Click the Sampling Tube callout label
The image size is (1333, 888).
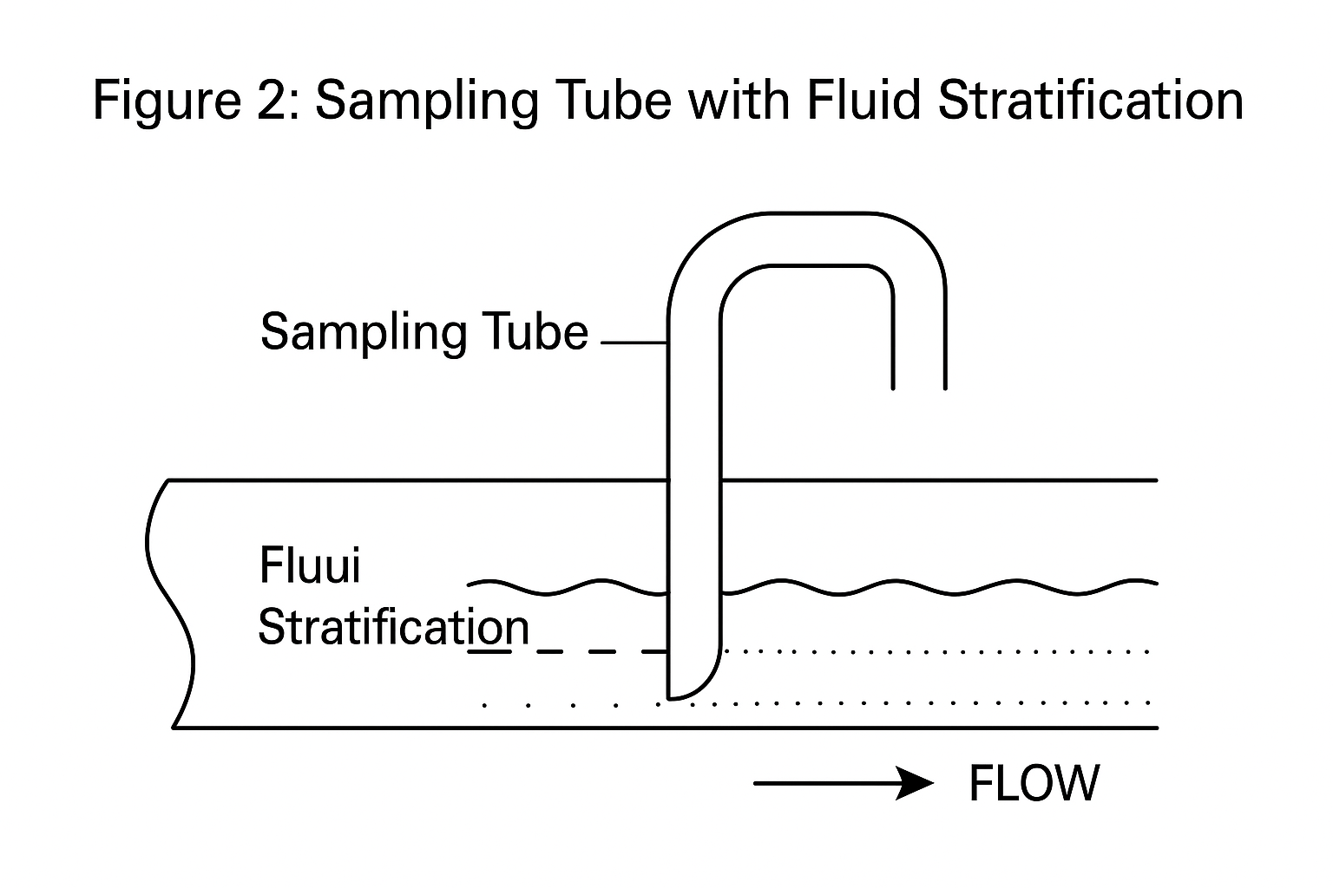click(424, 332)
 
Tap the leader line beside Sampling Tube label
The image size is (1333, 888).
click(634, 343)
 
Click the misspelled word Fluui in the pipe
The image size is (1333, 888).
click(309, 565)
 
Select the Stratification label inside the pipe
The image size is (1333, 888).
click(393, 627)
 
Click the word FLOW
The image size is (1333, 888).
click(1033, 783)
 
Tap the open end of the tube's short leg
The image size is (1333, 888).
click(919, 387)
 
